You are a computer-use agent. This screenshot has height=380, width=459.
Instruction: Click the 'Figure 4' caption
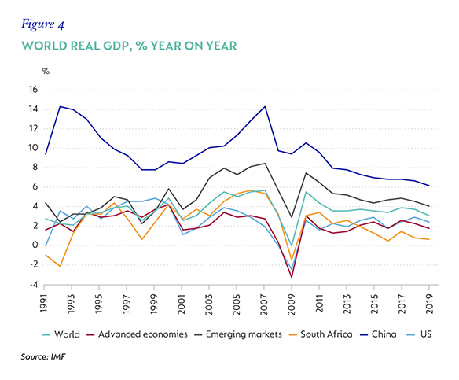42,24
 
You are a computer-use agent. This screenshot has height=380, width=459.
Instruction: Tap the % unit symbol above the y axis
46,71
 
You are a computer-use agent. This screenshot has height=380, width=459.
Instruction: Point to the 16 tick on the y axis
34,90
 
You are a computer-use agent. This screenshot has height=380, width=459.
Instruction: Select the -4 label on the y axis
33,285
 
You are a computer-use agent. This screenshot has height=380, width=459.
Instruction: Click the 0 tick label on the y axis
35,245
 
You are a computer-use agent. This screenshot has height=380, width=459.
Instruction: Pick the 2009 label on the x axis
292,304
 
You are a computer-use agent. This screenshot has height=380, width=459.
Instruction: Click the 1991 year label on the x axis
44,304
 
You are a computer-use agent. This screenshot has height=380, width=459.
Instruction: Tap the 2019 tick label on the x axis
429,304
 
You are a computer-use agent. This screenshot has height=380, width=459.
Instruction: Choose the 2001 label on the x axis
182,304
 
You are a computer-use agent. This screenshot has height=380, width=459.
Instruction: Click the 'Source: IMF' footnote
43,357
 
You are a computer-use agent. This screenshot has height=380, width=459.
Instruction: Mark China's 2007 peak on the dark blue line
265,106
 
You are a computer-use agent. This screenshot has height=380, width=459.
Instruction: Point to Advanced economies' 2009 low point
292,277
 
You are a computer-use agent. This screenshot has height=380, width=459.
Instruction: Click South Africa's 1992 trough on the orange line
60,266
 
